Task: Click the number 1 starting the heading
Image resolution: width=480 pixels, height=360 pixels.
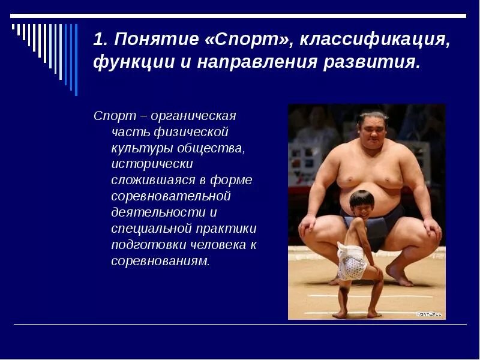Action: coord(100,40)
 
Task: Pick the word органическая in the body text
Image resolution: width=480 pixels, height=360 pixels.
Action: coord(193,115)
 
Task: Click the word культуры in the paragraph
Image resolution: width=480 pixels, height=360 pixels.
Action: coord(139,148)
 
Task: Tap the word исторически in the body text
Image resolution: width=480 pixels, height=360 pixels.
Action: coord(152,164)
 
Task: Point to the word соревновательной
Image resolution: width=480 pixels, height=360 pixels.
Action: coord(171,196)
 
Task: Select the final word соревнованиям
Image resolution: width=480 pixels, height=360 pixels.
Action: coord(160,261)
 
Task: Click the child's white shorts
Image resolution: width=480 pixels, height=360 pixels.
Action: coord(352,264)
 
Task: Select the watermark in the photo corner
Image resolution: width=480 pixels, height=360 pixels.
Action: coord(429,314)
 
